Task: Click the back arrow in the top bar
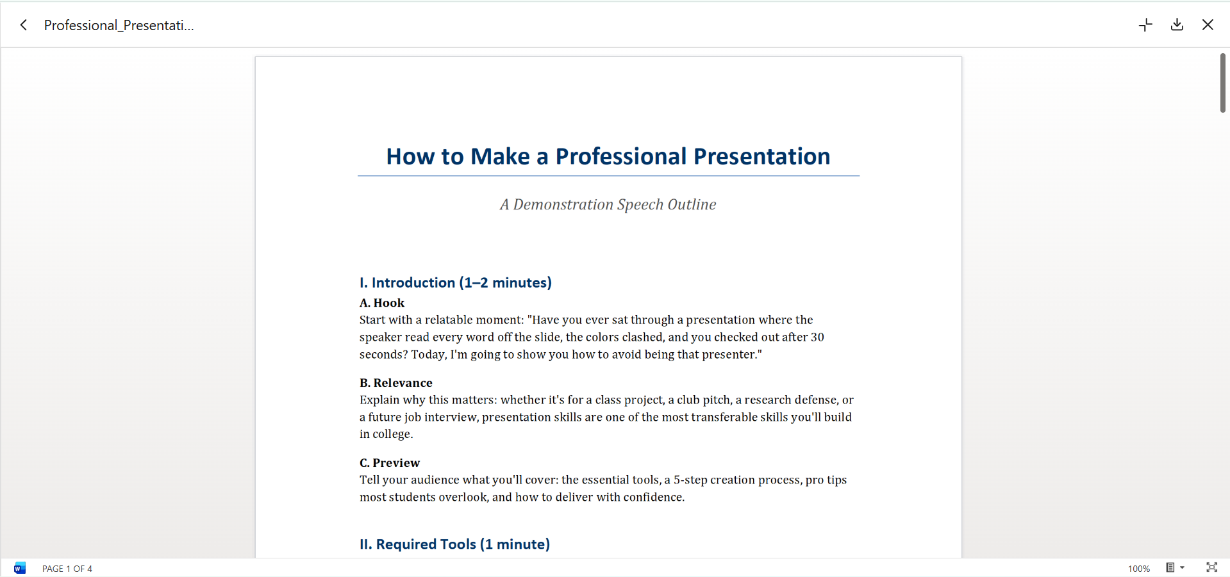point(24,25)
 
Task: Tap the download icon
point(1177,25)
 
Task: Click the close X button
point(1208,25)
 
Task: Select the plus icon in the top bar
point(1145,25)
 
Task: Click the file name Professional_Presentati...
point(119,25)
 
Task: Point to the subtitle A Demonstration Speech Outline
point(608,204)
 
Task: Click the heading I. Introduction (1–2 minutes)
point(455,282)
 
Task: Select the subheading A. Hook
point(382,303)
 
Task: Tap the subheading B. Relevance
point(395,383)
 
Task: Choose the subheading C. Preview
point(389,463)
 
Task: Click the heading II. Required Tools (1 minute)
point(454,544)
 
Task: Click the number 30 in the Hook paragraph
point(817,337)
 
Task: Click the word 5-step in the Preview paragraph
point(690,480)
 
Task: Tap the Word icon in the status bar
point(20,568)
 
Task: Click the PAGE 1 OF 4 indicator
point(67,569)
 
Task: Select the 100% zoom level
point(1139,569)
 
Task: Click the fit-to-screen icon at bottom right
point(1211,567)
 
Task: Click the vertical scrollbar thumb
point(1223,83)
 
